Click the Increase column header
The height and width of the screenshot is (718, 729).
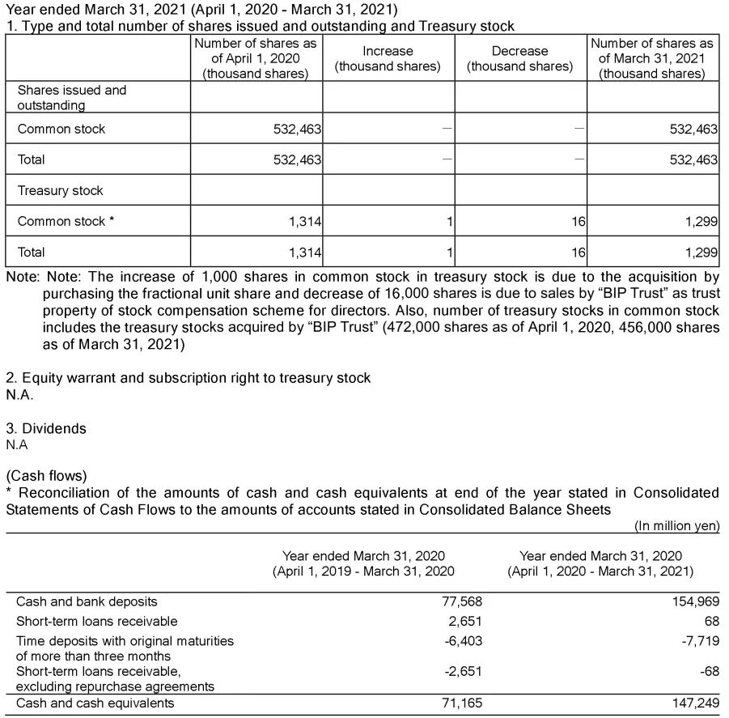pyautogui.click(x=388, y=58)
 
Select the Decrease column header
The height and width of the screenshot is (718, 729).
pyautogui.click(x=519, y=58)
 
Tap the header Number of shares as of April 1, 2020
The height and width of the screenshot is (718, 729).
pyautogui.click(x=256, y=58)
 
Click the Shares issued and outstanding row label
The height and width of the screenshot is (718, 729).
pyautogui.click(x=72, y=98)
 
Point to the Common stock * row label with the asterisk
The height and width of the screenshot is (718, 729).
pyautogui.click(x=66, y=221)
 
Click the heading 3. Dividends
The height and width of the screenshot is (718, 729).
pyautogui.click(x=45, y=428)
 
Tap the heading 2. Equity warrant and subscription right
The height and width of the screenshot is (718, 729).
pyautogui.click(x=188, y=378)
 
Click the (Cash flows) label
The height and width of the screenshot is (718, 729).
pyautogui.click(x=46, y=475)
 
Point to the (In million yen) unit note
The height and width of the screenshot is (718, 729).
pyautogui.click(x=676, y=525)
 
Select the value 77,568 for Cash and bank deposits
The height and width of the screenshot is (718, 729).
pyautogui.click(x=464, y=601)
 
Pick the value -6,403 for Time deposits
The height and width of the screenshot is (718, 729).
pyautogui.click(x=464, y=640)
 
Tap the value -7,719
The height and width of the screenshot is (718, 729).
pyautogui.click(x=699, y=640)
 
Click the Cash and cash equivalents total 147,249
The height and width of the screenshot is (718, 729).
pyautogui.click(x=695, y=703)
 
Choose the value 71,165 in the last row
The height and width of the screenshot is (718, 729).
pyautogui.click(x=464, y=703)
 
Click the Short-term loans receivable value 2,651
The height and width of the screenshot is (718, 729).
pyautogui.click(x=467, y=621)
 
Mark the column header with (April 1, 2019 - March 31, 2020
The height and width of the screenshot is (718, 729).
pyautogui.click(x=363, y=563)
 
